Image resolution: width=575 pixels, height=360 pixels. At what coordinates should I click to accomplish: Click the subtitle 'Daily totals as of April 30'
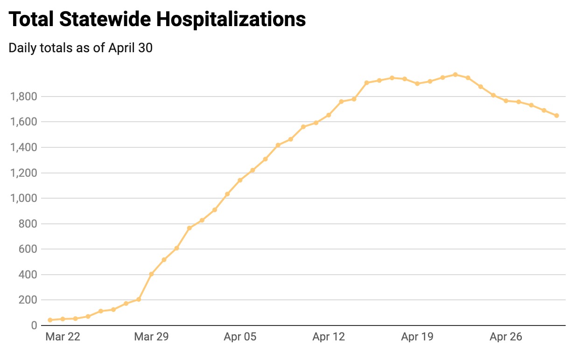click(x=80, y=48)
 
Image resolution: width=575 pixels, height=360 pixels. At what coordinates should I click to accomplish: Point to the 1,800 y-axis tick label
click(x=23, y=97)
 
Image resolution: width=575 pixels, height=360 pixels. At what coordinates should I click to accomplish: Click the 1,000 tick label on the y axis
click(x=23, y=199)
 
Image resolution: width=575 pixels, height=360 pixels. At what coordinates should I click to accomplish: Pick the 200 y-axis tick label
click(x=28, y=300)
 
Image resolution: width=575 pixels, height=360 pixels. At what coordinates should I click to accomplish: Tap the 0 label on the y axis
click(x=34, y=325)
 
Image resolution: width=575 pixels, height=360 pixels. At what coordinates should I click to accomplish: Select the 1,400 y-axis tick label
click(x=23, y=148)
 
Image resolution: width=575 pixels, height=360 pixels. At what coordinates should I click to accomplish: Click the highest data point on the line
click(x=455, y=75)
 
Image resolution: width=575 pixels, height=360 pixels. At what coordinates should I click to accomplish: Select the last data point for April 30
click(x=556, y=116)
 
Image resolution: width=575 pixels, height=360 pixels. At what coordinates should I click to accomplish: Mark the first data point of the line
click(x=50, y=320)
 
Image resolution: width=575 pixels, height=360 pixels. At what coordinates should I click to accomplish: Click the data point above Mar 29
click(x=151, y=274)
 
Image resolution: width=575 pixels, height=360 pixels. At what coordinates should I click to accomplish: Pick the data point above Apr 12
click(x=329, y=115)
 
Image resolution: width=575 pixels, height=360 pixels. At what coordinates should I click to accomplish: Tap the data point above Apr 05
click(x=240, y=180)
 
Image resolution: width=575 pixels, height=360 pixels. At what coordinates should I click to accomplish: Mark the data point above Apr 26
click(x=506, y=101)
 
